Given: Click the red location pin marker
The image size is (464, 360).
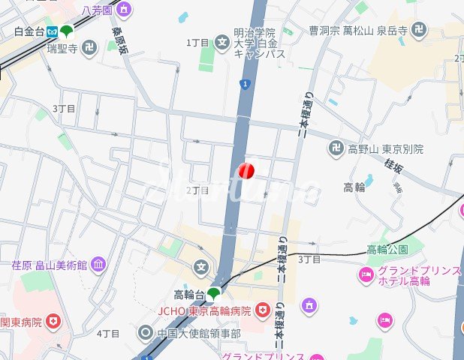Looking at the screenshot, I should [x=246, y=171].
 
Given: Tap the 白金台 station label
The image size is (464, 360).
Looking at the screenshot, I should [x=29, y=31].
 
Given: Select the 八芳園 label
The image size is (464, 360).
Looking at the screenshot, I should [x=97, y=10].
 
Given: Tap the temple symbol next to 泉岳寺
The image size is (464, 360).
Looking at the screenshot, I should [x=418, y=30].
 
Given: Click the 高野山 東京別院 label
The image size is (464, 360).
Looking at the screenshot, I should [x=385, y=148].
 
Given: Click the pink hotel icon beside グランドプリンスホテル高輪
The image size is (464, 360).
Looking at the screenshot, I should [x=366, y=276].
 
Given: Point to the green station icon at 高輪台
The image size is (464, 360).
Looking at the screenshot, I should [x=214, y=292].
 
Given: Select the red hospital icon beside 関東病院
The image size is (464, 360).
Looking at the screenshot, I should [x=53, y=322].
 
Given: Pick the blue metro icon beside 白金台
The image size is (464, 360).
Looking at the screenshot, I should [x=52, y=31].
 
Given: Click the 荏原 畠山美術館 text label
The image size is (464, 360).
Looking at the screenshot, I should [x=50, y=265].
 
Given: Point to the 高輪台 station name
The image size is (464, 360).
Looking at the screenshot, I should [x=188, y=293].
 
